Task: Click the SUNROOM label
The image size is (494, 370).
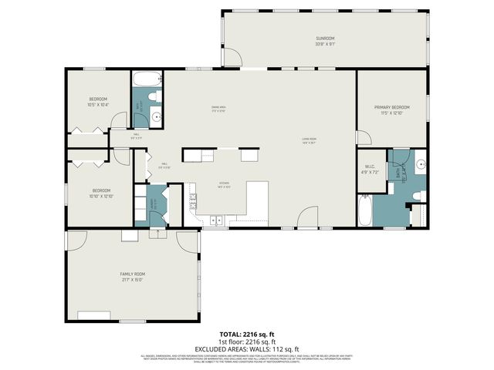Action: (325, 38)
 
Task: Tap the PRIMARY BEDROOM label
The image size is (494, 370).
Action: (391, 107)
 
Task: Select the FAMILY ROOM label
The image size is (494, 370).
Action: (132, 274)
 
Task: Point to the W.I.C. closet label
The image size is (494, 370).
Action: (369, 167)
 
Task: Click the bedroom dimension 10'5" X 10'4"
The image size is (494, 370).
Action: (98, 105)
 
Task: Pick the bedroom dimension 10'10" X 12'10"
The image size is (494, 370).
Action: (103, 196)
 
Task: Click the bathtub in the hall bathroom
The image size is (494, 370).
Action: (147, 79)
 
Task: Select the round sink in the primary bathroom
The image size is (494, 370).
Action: (421, 164)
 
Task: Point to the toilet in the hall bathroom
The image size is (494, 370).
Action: (154, 96)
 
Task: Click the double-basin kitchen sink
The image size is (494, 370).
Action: (215, 220)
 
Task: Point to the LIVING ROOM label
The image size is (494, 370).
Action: (310, 139)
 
